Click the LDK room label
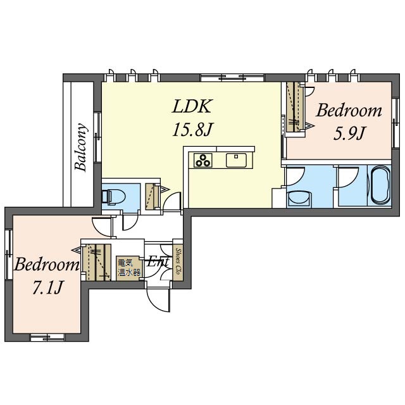[x=191, y=106]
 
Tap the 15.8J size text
[x=192, y=129]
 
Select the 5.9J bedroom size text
[x=349, y=134]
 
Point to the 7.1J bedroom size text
[x=48, y=287]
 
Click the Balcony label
[x=81, y=147]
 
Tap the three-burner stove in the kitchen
[x=203, y=160]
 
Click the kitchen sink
[x=236, y=160]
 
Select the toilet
[x=113, y=197]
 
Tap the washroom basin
[x=300, y=199]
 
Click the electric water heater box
[x=128, y=268]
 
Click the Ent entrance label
[x=158, y=262]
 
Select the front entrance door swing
[x=158, y=299]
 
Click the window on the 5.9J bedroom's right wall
[x=395, y=123]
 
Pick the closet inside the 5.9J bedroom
[x=296, y=107]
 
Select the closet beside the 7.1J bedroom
[x=96, y=262]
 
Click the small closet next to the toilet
[x=153, y=196]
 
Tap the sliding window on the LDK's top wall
[x=233, y=77]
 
